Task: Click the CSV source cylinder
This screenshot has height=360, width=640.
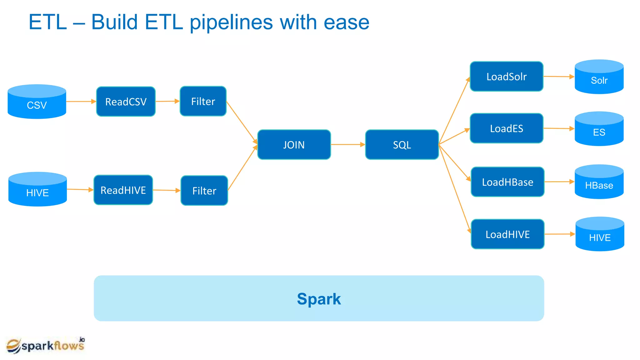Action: [x=37, y=102]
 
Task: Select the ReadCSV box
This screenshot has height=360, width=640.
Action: [x=126, y=102]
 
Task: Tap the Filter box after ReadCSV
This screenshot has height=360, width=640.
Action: [x=203, y=101]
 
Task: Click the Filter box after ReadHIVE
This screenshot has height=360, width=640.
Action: [x=204, y=191]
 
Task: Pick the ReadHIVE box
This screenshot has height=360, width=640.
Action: [x=123, y=190]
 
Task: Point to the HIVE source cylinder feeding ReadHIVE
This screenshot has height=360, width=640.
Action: [x=37, y=189]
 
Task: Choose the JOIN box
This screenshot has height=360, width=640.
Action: [x=294, y=145]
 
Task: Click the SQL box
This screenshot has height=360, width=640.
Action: [x=402, y=145]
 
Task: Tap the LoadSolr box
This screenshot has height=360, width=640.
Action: [x=507, y=77]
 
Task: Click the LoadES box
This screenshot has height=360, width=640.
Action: [x=507, y=128]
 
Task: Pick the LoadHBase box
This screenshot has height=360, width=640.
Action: [x=507, y=182]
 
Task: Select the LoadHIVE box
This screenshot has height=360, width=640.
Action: [x=507, y=234]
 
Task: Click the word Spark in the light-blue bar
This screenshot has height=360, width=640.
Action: [x=319, y=299]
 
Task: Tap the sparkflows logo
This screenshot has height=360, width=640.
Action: [x=46, y=345]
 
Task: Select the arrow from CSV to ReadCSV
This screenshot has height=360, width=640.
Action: [x=81, y=102]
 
